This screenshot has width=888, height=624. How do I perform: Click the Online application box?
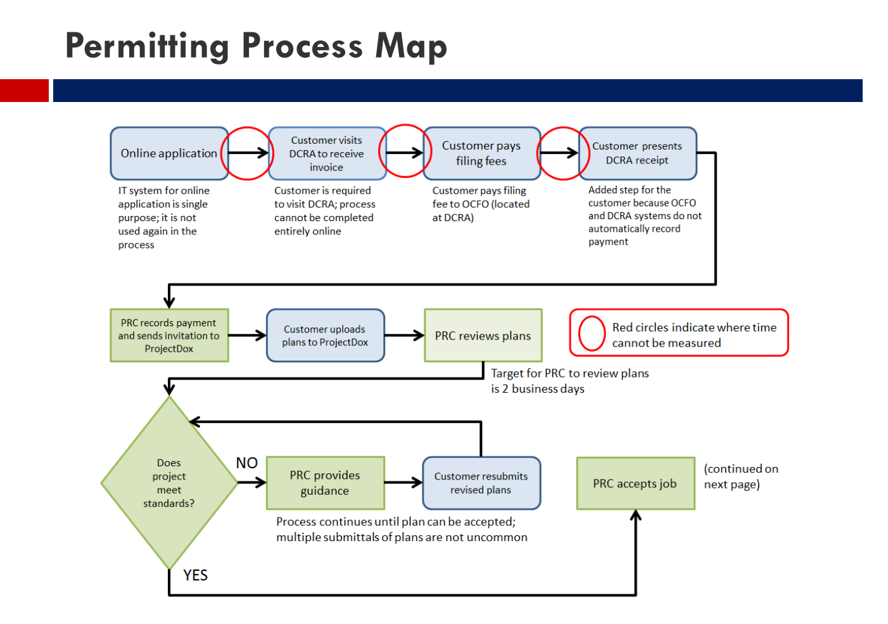tap(168, 153)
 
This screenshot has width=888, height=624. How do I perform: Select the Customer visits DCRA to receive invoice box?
tap(326, 153)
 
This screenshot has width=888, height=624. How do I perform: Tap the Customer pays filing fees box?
tap(481, 153)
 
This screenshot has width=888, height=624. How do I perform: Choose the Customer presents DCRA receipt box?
tap(637, 153)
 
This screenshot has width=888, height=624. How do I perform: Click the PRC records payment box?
tap(169, 336)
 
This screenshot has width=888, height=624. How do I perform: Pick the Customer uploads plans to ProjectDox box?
tap(325, 336)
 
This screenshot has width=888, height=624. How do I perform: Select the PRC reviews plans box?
tap(483, 336)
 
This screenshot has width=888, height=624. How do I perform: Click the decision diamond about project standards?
tap(169, 483)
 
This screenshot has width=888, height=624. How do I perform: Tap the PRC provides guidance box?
tap(325, 483)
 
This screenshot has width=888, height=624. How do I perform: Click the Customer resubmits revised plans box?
tap(481, 483)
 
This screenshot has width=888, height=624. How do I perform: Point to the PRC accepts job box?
tap(635, 483)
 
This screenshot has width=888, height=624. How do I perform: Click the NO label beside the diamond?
tap(246, 463)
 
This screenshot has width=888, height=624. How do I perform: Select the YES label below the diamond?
tap(195, 575)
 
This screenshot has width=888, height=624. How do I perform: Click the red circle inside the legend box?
tap(592, 333)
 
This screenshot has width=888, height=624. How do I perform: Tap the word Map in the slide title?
tap(411, 46)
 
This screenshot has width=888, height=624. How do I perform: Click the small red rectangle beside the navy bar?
tap(24, 91)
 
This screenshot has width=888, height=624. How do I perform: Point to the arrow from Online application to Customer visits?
tap(248, 153)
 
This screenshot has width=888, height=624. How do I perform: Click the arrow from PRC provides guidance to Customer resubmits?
tap(403, 483)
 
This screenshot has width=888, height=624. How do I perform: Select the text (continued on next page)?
tap(740, 476)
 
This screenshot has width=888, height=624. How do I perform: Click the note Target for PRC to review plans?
tap(569, 381)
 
